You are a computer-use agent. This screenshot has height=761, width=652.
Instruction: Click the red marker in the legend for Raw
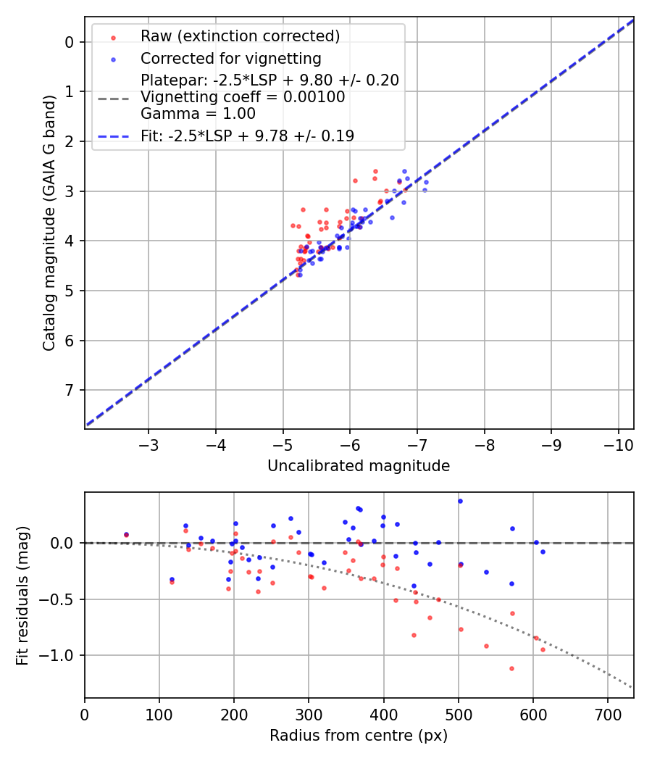coord(112,36)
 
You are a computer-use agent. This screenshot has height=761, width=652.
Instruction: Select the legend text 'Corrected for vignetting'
coord(231,58)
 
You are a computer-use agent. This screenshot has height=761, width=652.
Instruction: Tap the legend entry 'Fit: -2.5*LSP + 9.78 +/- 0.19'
coord(247,136)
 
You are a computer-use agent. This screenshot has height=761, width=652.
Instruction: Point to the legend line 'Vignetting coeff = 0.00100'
coord(243,97)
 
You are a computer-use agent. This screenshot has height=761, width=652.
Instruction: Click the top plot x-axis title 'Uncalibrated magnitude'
coord(359,466)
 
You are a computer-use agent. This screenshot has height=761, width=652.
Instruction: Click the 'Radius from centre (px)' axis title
coord(359,736)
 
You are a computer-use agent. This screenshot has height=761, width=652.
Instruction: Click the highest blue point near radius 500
coord(459,501)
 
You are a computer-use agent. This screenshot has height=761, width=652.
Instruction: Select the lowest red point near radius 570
coord(511,668)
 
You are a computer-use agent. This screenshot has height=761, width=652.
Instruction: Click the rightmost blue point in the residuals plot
coord(543,552)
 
